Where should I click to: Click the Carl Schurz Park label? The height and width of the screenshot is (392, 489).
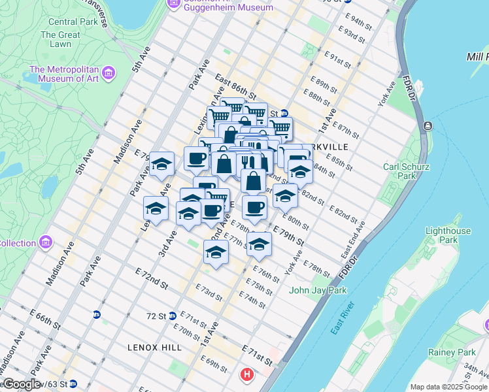tap(406, 171)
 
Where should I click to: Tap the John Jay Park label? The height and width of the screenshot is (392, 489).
tap(318, 290)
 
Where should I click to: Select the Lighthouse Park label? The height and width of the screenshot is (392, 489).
tap(448, 235)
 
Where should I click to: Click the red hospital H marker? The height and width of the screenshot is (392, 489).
tap(247, 375)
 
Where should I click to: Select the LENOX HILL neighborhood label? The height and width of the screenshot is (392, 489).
tap(156, 348)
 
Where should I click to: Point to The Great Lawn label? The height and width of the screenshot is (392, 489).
tap(60, 40)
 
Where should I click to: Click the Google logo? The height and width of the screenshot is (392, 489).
tap(21, 384)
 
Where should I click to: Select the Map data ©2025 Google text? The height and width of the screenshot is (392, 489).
tap(448, 387)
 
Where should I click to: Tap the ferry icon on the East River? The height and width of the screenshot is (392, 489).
tap(428, 125)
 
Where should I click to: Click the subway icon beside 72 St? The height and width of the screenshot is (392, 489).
tap(172, 315)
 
